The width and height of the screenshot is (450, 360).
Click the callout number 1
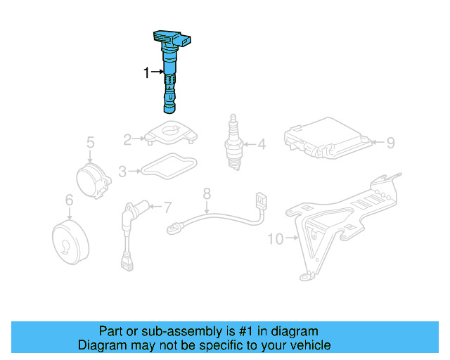(x=147, y=72)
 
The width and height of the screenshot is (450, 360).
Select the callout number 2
(x=128, y=140)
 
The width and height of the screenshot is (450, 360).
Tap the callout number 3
(x=123, y=170)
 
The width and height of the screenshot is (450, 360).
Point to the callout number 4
(x=262, y=146)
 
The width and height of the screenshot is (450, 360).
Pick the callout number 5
(x=90, y=143)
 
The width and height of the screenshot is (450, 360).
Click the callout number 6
(x=69, y=201)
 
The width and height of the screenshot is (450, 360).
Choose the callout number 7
(x=167, y=207)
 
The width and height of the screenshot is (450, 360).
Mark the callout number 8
(x=207, y=192)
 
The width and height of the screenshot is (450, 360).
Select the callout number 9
(x=391, y=143)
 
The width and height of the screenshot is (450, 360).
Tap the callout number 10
(x=275, y=239)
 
